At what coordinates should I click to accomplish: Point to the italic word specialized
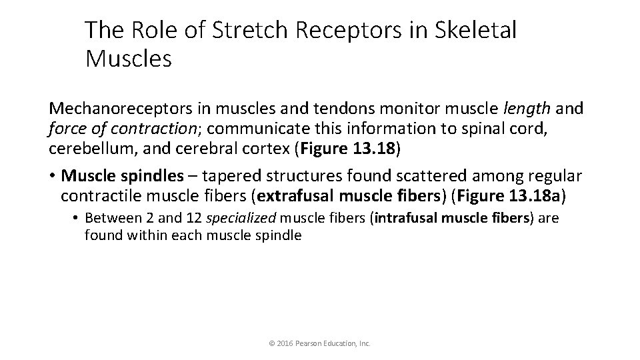pos(242,219)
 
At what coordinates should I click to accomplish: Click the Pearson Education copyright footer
pos(319,343)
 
